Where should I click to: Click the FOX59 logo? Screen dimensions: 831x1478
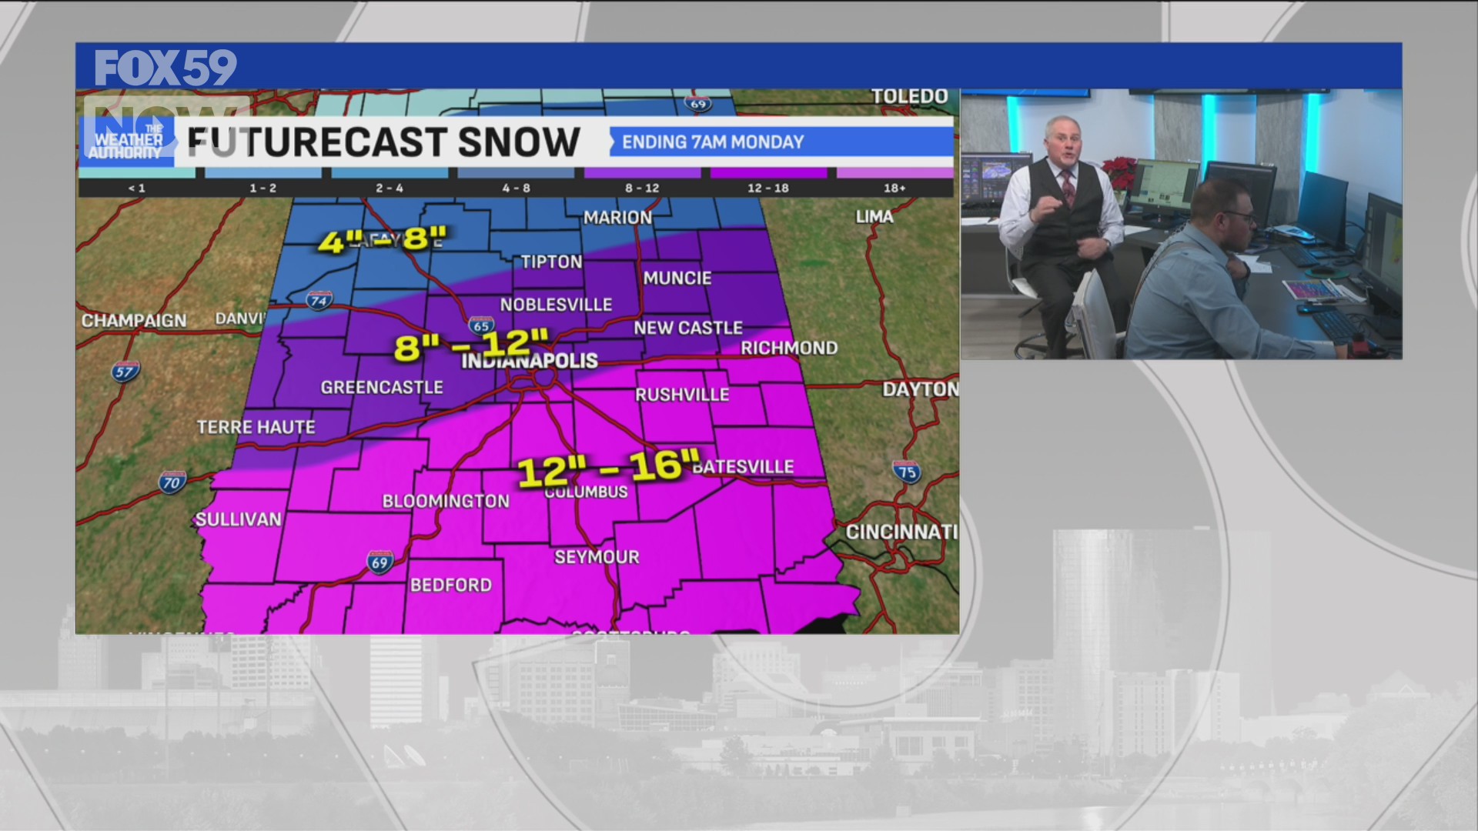point(166,68)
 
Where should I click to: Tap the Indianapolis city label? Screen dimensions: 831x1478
point(530,361)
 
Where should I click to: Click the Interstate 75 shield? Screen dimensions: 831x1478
point(907,472)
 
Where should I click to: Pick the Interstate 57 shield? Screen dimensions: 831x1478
point(125,372)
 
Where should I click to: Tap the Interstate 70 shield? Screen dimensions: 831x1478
point(172,482)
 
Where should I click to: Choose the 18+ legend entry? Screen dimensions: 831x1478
point(894,188)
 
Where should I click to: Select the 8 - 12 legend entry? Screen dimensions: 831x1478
point(642,188)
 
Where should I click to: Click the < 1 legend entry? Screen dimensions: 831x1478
point(137,188)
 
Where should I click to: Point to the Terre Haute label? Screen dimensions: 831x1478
point(256,427)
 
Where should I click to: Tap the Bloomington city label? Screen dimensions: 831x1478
point(446,501)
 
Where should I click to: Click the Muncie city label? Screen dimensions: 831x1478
point(677,278)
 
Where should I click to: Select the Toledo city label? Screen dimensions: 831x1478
point(910,96)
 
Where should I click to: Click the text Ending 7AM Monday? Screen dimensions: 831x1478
point(712,142)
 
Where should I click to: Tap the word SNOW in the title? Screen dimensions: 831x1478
point(519,142)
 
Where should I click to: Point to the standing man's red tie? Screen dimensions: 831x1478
point(1068,188)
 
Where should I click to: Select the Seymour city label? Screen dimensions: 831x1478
point(597,557)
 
